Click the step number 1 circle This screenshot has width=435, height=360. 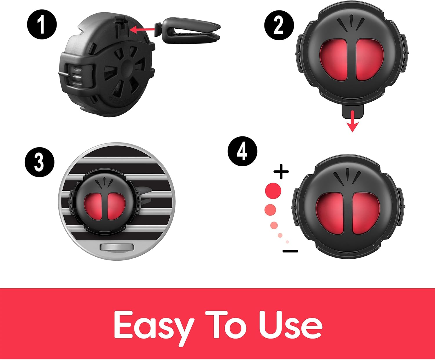click(x=42, y=24)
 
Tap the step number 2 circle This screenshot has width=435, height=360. click(x=279, y=25)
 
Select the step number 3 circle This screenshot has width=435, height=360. click(x=39, y=162)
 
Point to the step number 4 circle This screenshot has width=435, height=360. click(x=242, y=151)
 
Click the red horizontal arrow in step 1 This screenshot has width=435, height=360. click(x=142, y=30)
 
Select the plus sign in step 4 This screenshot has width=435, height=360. click(x=281, y=172)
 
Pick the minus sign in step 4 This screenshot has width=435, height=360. click(x=290, y=251)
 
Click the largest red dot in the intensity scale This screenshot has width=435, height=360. click(x=273, y=191)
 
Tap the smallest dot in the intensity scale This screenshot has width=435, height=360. click(x=287, y=242)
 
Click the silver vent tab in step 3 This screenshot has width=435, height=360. click(x=117, y=247)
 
